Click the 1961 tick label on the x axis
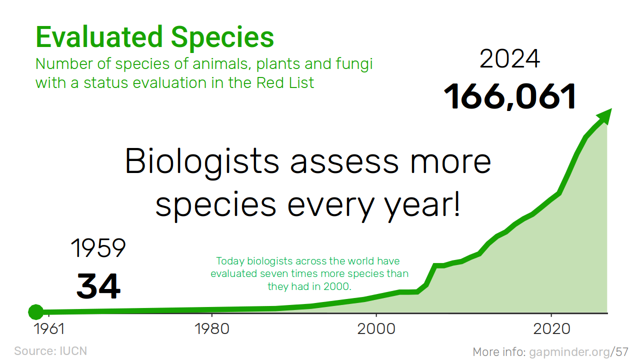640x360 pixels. coord(49,328)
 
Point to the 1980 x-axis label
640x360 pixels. coord(211,328)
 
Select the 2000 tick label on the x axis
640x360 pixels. coord(376,328)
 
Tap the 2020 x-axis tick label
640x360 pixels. coord(551,328)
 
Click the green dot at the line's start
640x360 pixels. coord(35,311)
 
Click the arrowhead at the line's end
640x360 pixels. coord(604,116)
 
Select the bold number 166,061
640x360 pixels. coord(509,96)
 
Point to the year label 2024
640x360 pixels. coord(509,58)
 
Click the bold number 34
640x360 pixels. coord(98,286)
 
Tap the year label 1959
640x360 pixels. coord(98,247)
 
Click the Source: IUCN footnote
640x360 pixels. coord(50,351)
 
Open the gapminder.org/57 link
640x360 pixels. coord(579,352)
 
